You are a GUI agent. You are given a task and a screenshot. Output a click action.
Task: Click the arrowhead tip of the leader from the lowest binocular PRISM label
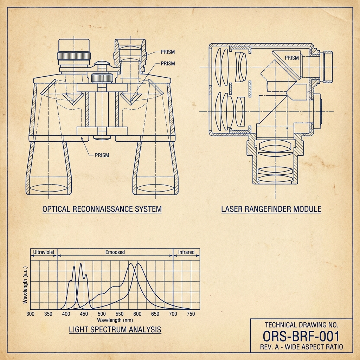[81, 137]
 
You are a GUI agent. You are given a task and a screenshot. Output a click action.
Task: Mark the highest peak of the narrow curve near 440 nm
[81, 263]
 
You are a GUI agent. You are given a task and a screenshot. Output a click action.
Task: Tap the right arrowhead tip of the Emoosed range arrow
[173, 256]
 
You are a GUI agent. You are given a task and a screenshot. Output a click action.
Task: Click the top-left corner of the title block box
[250, 319]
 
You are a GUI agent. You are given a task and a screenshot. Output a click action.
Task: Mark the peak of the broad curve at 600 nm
[138, 264]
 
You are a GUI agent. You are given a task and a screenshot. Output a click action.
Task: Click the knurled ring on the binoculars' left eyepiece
[74, 56]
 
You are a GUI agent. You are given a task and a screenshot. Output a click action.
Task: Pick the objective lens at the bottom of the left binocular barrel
[49, 188]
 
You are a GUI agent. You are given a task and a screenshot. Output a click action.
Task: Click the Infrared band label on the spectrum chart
[186, 252]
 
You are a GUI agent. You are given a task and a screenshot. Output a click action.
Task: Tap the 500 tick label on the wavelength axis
[102, 314]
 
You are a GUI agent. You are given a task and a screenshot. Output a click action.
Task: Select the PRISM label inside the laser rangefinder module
[292, 58]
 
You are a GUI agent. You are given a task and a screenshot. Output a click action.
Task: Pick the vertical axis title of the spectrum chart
[25, 285]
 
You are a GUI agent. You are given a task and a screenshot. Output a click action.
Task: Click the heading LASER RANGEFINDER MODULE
[271, 209]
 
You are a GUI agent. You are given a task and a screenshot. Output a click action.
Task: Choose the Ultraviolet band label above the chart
[44, 252]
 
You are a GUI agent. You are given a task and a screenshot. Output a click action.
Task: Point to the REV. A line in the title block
[301, 347]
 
